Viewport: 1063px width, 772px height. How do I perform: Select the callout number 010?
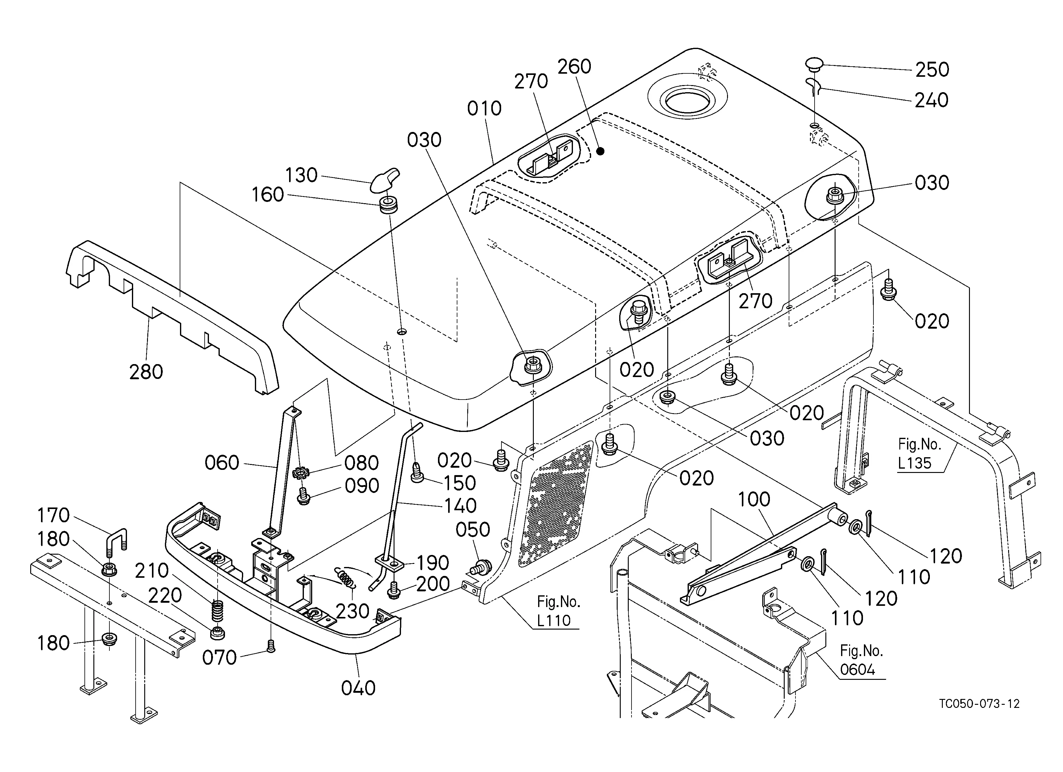point(484,109)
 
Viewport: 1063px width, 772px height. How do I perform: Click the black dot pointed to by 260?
point(600,151)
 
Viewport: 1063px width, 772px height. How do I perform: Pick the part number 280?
point(146,372)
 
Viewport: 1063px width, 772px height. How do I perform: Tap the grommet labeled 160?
point(388,205)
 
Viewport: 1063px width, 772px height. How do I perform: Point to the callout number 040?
point(358,688)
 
